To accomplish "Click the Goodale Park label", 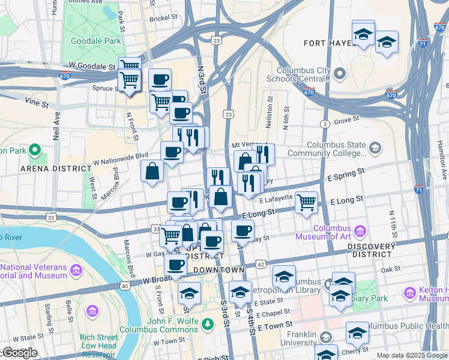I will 96,41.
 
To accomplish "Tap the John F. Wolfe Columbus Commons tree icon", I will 208,324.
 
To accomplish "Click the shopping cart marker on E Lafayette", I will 306,202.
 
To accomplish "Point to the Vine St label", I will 37,103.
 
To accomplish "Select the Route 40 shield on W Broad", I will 125,286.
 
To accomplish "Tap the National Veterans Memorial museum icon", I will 76,270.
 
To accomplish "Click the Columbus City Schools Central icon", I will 340,74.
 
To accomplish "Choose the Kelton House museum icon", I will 410,293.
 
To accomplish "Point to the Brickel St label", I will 163,19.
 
